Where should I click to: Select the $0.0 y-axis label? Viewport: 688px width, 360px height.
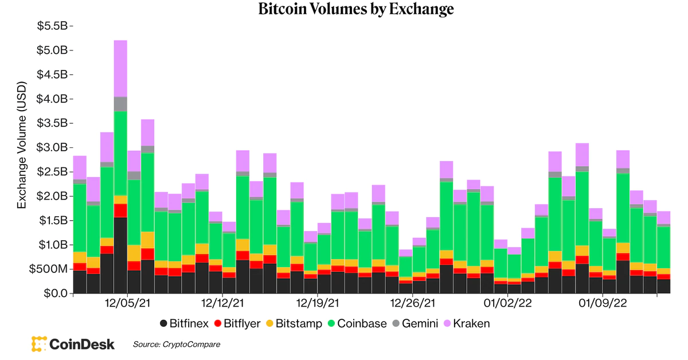click(x=56, y=294)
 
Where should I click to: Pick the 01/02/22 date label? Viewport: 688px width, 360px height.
click(x=507, y=303)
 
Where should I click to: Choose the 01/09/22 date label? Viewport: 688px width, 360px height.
click(x=601, y=303)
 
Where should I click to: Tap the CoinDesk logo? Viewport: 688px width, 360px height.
click(x=73, y=344)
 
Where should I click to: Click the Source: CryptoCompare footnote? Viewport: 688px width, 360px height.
click(x=177, y=345)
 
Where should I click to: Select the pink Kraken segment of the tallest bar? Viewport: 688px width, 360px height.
click(x=120, y=68)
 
